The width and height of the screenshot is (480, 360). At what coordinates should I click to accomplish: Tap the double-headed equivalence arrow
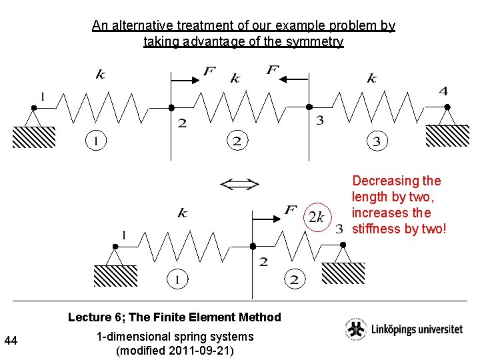[239, 185]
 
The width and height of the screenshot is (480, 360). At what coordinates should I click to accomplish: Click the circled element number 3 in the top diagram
[377, 141]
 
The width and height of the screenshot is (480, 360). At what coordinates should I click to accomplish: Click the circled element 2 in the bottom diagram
[293, 279]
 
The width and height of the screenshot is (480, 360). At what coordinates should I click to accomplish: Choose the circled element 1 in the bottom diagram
[177, 279]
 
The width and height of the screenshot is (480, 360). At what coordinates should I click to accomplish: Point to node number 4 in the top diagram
[443, 91]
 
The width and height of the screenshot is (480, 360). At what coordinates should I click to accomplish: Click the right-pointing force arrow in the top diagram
[186, 79]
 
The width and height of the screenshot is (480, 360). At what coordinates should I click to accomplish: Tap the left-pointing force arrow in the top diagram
[292, 79]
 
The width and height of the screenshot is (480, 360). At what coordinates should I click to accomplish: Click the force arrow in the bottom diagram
[267, 218]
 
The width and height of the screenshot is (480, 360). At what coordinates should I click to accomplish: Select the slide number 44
[11, 341]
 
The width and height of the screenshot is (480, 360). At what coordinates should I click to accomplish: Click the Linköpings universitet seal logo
[355, 329]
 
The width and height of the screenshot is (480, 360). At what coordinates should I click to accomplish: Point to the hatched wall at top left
[33, 137]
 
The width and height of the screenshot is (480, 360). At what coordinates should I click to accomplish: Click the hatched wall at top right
[447, 135]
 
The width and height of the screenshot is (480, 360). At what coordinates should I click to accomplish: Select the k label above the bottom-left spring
[182, 213]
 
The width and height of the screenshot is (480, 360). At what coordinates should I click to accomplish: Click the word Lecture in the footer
[89, 317]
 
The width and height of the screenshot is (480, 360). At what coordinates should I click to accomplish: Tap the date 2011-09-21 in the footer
[198, 351]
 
